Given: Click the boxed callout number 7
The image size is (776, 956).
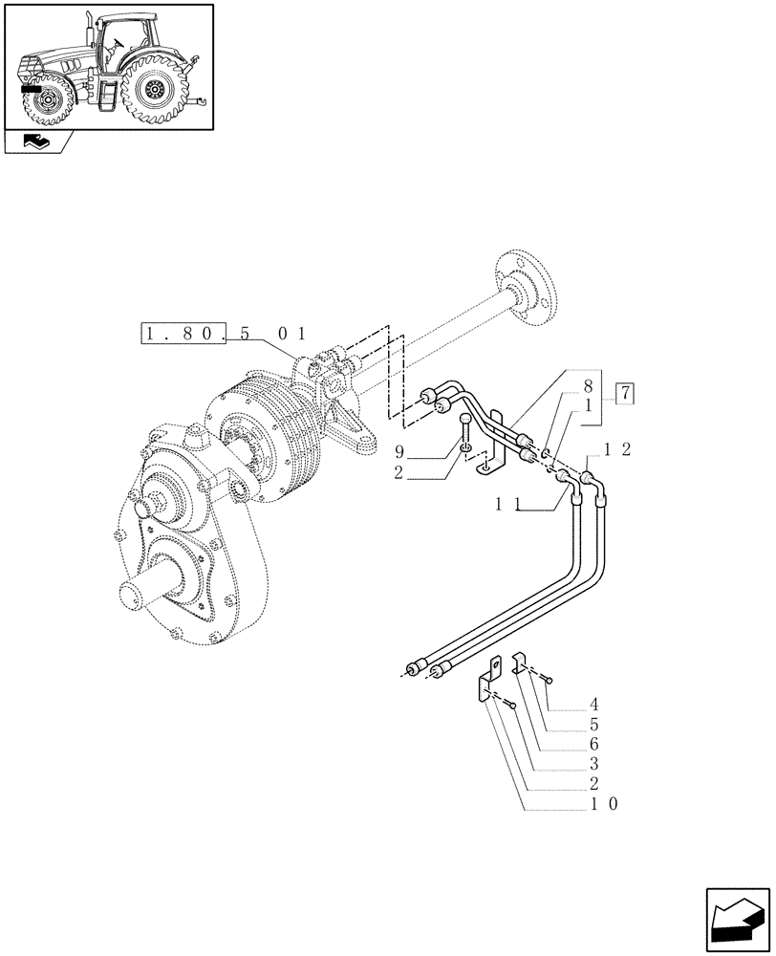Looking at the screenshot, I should click(x=624, y=392).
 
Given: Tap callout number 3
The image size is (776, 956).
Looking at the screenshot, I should click(x=597, y=765).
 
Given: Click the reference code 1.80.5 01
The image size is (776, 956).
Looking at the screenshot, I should click(x=224, y=335).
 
